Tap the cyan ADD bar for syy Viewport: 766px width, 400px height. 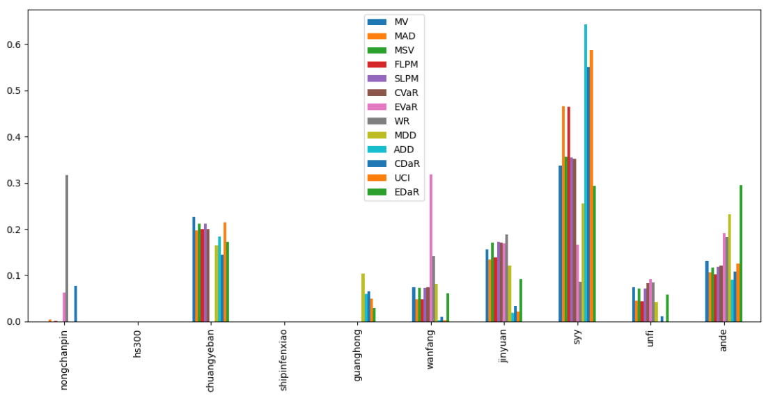click(586, 173)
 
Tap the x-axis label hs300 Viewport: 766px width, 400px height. click(138, 344)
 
